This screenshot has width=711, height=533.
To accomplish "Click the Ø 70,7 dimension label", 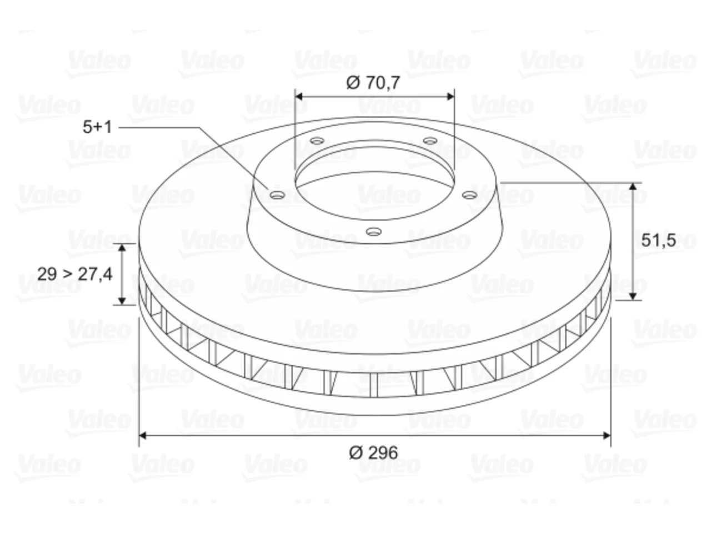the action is (373, 83).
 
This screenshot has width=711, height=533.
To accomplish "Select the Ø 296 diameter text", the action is (373, 452).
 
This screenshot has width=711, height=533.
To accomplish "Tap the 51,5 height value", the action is (659, 240).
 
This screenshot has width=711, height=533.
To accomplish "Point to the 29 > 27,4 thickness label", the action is (75, 274).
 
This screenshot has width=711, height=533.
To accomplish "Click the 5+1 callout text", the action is (97, 127).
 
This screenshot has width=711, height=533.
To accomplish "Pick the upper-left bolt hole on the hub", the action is (317, 141).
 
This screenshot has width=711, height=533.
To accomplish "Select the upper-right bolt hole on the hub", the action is (430, 141).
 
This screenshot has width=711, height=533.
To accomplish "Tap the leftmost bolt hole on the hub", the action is (277, 195).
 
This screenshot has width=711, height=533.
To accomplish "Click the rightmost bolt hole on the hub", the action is (470, 195).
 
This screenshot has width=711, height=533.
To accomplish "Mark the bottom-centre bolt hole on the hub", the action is (373, 232).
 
